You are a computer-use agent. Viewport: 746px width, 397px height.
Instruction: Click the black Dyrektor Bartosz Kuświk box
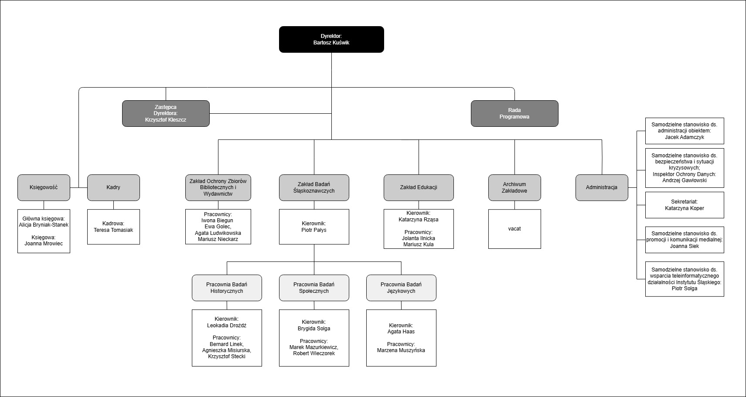331,39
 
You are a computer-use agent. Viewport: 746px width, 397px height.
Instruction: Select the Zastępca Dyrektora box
166,113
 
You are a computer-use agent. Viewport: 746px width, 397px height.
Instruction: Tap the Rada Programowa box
514,113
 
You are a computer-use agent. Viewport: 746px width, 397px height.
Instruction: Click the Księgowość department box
44,187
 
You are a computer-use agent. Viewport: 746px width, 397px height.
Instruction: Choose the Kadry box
113,187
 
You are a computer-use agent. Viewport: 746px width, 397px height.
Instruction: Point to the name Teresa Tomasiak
113,230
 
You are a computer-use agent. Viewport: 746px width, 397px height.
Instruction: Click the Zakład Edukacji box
419,187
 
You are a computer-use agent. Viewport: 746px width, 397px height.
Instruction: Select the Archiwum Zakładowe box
514,187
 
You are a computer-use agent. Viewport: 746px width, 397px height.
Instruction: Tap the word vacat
514,229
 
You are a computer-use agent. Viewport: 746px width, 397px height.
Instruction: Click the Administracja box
602,187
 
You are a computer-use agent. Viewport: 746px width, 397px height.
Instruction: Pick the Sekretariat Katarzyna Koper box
685,205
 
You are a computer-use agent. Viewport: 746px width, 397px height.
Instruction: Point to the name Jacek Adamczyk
685,137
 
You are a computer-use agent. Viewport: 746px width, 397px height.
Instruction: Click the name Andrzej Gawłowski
685,180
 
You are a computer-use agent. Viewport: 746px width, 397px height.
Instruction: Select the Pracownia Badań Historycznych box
227,288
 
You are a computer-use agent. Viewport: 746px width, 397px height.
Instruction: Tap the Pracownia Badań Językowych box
401,288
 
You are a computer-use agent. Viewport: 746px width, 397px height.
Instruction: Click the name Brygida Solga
314,329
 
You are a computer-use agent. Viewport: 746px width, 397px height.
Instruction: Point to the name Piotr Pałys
314,230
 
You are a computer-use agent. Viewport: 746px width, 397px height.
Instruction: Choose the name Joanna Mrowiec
44,243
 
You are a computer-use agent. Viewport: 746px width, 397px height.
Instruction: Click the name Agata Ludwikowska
218,233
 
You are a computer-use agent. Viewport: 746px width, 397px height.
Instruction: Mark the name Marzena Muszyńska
401,350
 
